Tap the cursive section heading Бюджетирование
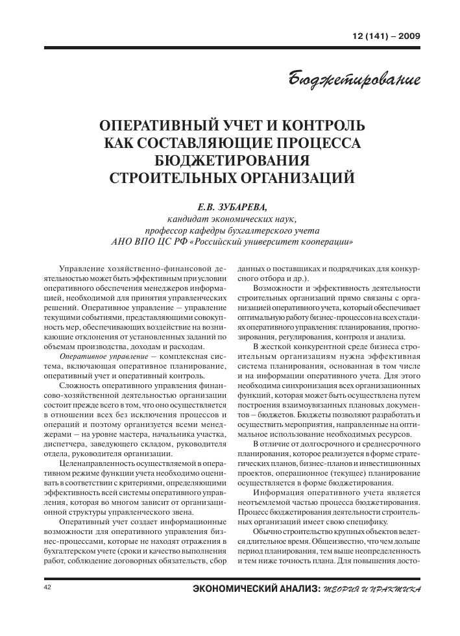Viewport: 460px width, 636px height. (355, 80)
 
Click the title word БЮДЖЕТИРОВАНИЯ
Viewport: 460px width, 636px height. (230, 159)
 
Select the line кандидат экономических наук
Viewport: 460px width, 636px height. (231, 218)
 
